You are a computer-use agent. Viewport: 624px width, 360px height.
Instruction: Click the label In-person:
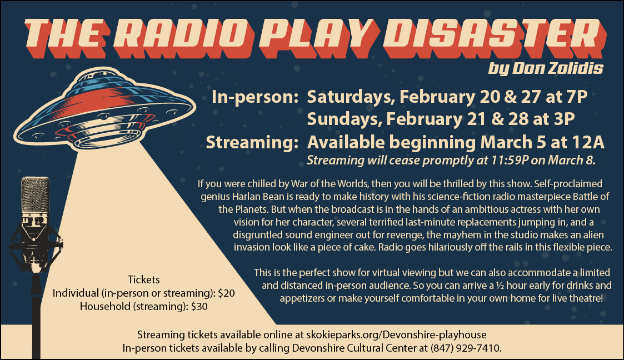[x=255, y=97]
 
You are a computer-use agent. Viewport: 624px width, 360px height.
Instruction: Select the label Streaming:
[x=252, y=142]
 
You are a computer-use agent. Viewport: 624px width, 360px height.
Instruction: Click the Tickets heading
[x=144, y=279]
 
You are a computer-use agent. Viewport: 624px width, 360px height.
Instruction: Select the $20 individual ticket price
[x=227, y=293]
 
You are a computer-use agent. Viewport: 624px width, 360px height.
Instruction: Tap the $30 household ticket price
[x=199, y=306]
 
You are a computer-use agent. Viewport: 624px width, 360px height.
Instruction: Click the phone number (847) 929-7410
[x=465, y=348]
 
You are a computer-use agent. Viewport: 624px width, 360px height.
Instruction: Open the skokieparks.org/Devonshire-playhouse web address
[x=396, y=335]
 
